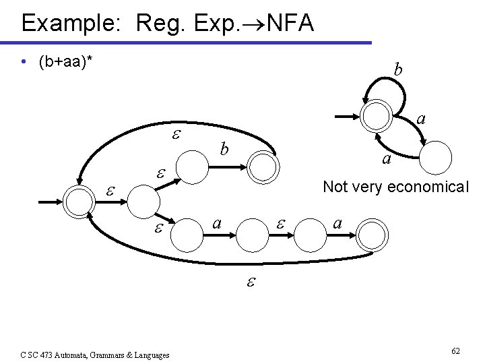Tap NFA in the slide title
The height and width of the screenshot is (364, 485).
(290, 23)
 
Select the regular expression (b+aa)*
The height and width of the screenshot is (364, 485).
(66, 63)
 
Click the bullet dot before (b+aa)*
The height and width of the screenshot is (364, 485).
(24, 63)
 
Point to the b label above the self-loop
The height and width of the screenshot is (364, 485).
(398, 69)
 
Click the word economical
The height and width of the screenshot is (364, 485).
(425, 187)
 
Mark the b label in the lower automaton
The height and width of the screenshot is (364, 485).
(225, 148)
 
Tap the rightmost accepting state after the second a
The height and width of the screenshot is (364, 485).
(373, 237)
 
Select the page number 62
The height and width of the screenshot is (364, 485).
(456, 351)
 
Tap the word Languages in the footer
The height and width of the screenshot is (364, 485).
(150, 355)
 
